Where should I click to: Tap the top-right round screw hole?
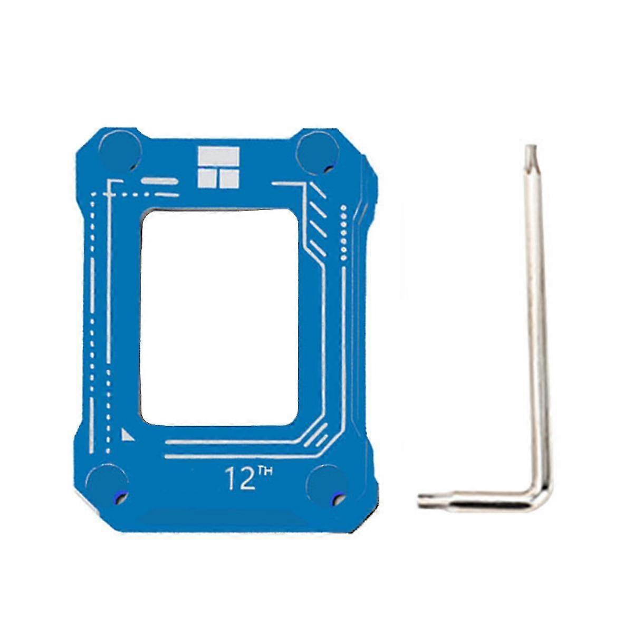coord(316,153)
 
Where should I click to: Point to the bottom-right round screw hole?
coord(327,484)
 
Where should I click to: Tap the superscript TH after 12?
coord(265,471)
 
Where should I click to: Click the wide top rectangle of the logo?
coord(218,157)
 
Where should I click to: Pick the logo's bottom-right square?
coord(229,179)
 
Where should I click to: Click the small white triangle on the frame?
coord(127,435)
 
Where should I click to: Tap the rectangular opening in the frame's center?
coord(219,316)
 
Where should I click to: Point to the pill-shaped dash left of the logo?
coord(159,181)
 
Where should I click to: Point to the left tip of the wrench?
coord(423,500)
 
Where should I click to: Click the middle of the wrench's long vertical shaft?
coord(536,316)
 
